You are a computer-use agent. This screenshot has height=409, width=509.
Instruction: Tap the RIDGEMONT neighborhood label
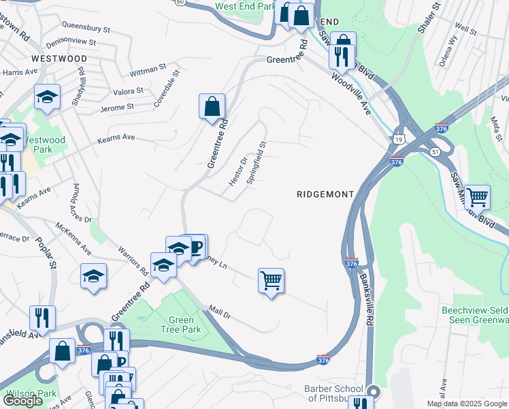click(325, 194)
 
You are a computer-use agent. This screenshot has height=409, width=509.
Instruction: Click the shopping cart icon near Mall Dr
click(271, 279)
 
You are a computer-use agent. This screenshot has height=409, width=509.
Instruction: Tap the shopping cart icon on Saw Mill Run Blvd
click(477, 197)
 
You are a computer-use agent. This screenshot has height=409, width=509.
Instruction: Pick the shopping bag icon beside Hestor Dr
click(212, 106)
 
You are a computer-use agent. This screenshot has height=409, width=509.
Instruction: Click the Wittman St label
click(148, 69)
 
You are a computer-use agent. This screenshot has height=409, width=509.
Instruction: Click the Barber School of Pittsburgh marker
click(373, 391)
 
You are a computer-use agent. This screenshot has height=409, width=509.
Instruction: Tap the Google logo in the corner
click(22, 401)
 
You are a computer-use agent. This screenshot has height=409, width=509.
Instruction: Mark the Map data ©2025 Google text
click(466, 404)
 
